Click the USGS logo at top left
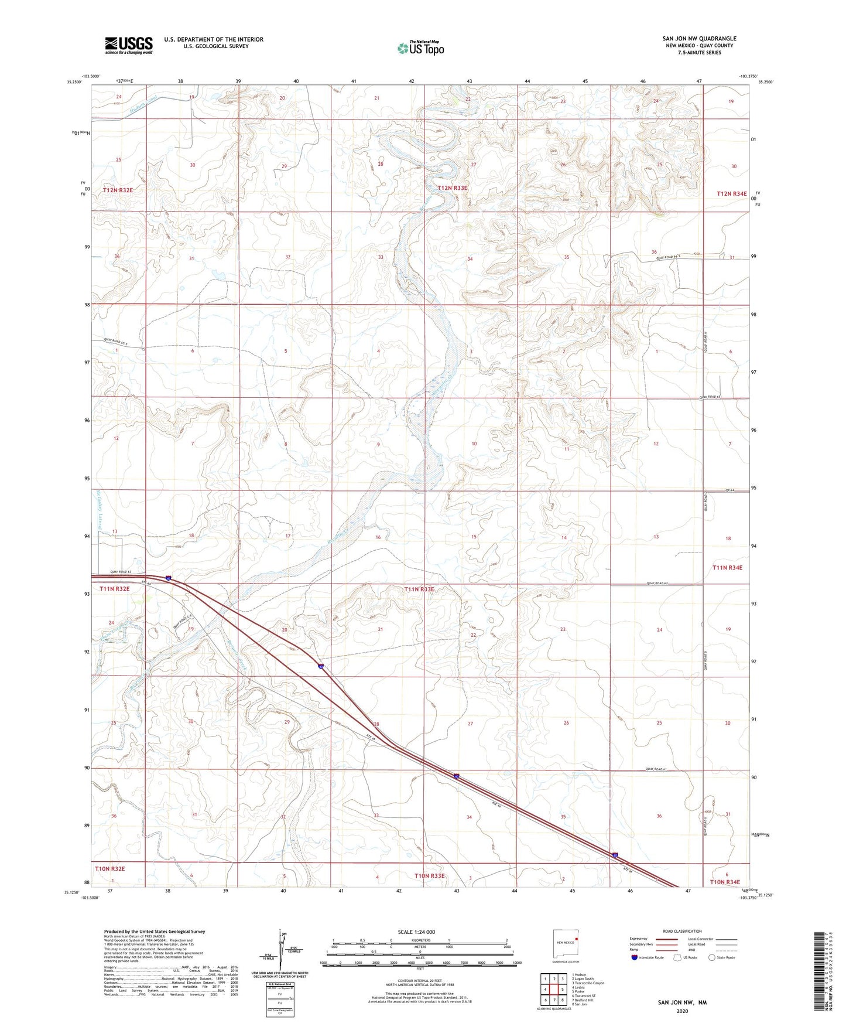click(x=128, y=45)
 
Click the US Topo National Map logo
click(x=420, y=48)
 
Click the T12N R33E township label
click(x=452, y=188)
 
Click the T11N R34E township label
click(x=727, y=567)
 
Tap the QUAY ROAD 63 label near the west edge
click(x=121, y=572)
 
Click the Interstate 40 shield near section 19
click(x=168, y=578)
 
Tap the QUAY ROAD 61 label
click(x=656, y=769)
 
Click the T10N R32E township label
click(x=109, y=869)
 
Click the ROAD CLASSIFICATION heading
click(x=682, y=931)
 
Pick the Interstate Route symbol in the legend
click(x=635, y=957)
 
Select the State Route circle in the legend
click(x=712, y=957)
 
